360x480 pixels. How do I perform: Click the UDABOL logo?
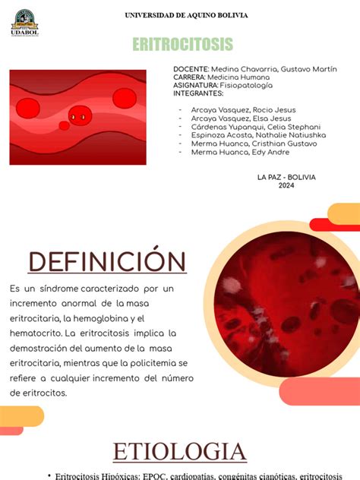click(x=25, y=23)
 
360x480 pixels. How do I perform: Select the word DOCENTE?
click(x=190, y=69)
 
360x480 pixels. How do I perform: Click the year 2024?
click(x=286, y=185)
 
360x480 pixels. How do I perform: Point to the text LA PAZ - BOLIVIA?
click(x=286, y=177)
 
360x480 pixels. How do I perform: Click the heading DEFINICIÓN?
click(x=107, y=262)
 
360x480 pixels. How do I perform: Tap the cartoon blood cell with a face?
click(x=78, y=116)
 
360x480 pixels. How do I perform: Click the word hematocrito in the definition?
click(x=35, y=333)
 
